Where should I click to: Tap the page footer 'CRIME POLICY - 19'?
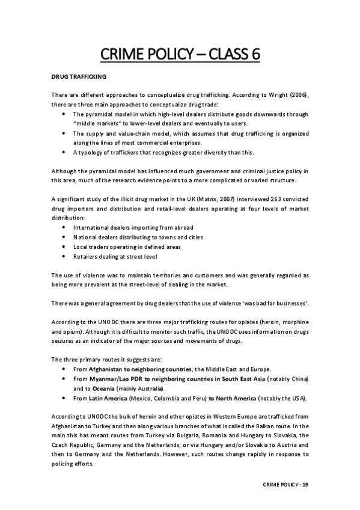pyautogui.click(x=286, y=484)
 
